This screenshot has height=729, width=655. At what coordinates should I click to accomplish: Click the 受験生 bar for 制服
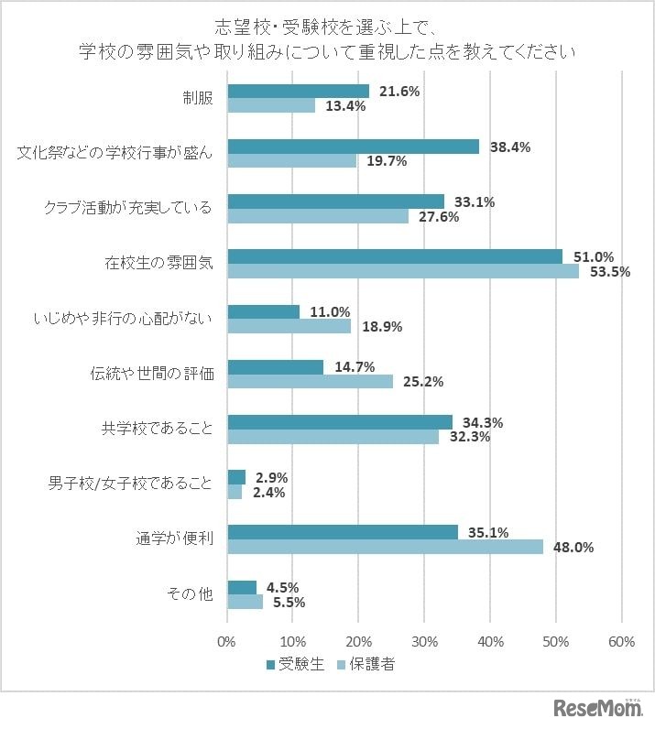[x=298, y=92]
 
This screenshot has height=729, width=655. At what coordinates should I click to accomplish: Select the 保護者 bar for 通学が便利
[x=385, y=547]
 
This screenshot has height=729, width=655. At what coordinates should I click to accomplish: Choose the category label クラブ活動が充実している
[x=128, y=208]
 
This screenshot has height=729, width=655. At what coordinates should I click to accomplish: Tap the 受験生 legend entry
[x=295, y=665]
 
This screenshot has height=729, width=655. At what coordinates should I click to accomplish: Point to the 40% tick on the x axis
[x=490, y=642]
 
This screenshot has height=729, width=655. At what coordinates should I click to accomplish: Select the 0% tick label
[x=227, y=642]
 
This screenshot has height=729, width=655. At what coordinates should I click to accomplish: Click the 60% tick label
[x=622, y=642]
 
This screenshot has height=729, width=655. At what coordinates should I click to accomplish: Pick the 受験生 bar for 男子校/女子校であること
[x=236, y=477]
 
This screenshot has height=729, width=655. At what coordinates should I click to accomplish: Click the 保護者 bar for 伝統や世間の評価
[x=310, y=381]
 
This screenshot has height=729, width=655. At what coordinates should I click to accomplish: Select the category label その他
[x=190, y=594]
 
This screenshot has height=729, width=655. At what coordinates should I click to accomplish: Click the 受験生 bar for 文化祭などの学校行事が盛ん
[x=353, y=147]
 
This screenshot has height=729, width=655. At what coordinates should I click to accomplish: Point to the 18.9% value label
[x=384, y=326]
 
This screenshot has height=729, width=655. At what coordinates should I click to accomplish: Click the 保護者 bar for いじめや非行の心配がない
[x=289, y=326]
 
